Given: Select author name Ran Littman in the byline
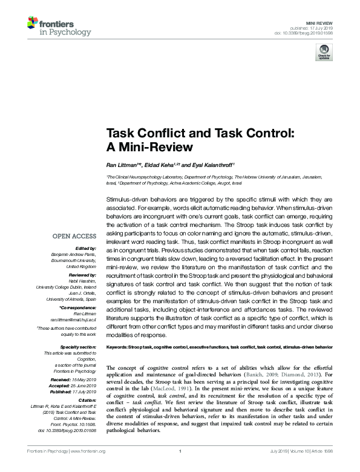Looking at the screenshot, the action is [122, 165].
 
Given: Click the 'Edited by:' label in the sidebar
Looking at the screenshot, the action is [85, 249].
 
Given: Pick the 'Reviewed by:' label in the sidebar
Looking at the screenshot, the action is [82, 274].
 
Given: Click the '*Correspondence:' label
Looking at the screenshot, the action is [79, 309].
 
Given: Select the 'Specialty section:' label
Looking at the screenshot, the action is [77, 347].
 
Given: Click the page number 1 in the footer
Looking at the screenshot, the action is [180, 451].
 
